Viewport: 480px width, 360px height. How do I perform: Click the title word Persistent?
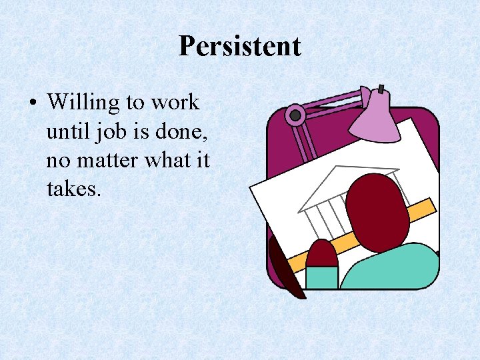[x=240, y=46]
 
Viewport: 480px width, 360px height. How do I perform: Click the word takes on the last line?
[x=73, y=190]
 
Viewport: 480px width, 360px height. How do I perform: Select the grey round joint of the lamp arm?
[x=294, y=115]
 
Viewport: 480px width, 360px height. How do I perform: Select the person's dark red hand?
[x=321, y=253]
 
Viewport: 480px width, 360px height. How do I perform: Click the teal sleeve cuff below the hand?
[x=321, y=277]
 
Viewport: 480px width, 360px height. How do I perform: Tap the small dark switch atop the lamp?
[x=380, y=89]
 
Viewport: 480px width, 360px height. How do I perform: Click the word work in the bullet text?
[x=175, y=103]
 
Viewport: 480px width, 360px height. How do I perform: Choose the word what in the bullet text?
[x=175, y=161]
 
